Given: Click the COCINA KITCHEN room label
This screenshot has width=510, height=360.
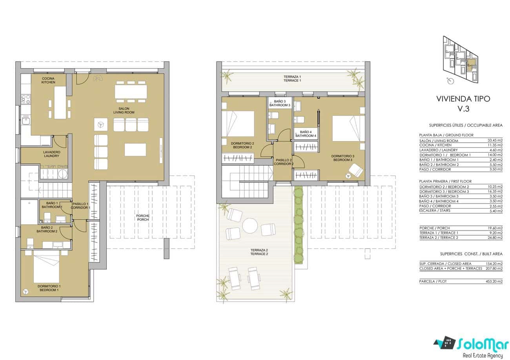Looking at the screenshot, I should [x=48, y=80].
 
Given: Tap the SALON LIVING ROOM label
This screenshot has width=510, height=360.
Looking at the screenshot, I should [x=124, y=110].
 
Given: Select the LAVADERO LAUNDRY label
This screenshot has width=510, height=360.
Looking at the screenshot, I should [x=52, y=154].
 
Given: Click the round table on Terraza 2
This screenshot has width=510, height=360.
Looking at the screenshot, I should [x=250, y=226].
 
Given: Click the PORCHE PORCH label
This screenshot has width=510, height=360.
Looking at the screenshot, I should [x=142, y=218].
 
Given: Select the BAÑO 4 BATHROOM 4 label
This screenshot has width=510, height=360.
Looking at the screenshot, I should [x=306, y=134].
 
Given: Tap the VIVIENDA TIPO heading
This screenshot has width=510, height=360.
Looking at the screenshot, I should [x=463, y=99].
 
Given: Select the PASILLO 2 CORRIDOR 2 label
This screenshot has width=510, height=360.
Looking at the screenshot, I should [x=283, y=162].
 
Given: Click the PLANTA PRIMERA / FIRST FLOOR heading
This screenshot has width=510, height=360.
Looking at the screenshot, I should [x=445, y=182].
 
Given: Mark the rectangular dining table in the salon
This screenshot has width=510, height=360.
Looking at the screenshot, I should [x=131, y=92].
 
